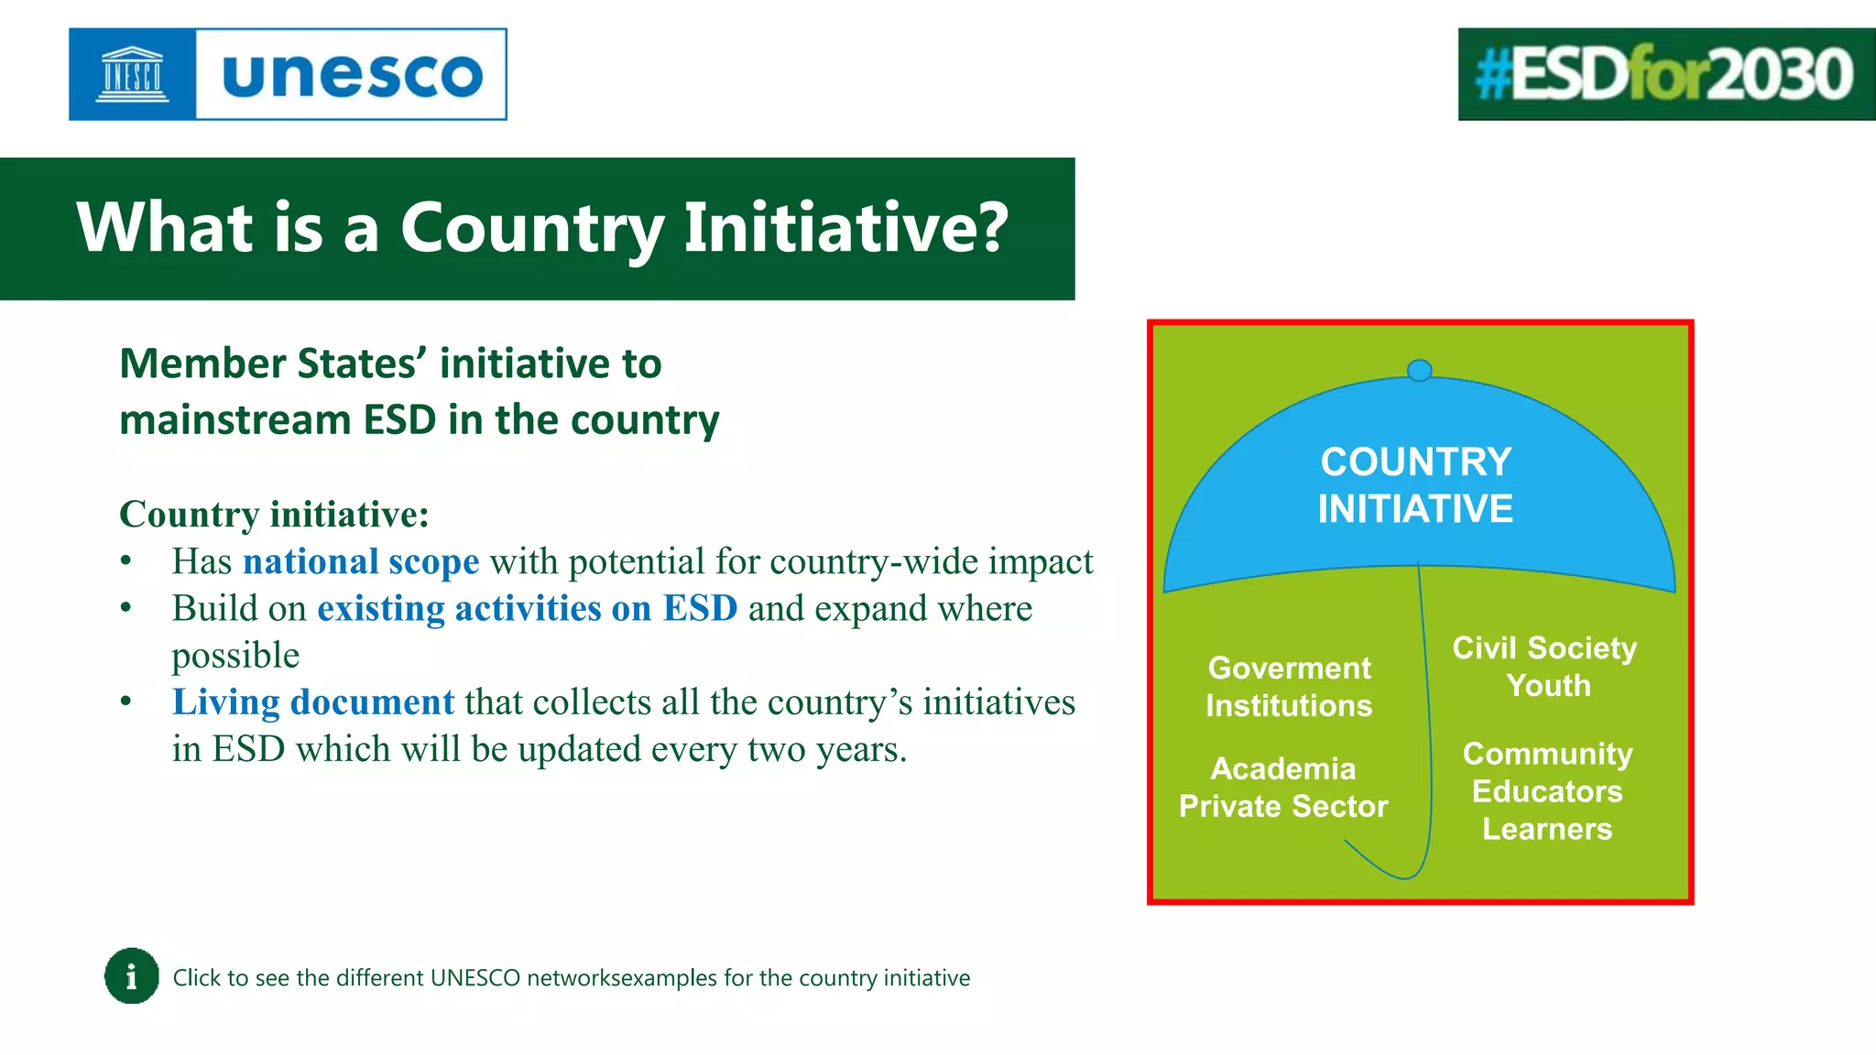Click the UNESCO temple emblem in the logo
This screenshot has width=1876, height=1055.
(x=132, y=74)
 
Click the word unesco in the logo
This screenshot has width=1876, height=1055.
(x=352, y=75)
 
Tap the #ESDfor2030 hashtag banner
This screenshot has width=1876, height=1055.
(x=1665, y=74)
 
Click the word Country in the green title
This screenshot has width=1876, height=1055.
(x=531, y=228)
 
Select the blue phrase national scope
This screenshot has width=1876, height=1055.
(x=361, y=561)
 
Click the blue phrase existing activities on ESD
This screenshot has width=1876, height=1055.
(x=527, y=608)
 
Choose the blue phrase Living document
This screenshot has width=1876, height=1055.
(x=313, y=702)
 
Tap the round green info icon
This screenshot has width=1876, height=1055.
(x=132, y=976)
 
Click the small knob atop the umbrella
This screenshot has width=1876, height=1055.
(x=1419, y=370)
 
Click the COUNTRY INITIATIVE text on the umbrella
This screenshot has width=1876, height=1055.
(x=1415, y=485)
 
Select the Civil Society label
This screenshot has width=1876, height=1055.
(x=1544, y=648)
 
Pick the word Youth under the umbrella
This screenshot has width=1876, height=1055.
(x=1548, y=686)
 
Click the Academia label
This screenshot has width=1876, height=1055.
(x=1283, y=768)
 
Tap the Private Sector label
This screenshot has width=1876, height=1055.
(x=1283, y=806)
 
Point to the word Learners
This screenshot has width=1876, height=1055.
(x=1547, y=829)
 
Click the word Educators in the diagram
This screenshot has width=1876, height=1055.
(x=1547, y=791)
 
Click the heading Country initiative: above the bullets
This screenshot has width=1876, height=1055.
(x=274, y=515)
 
